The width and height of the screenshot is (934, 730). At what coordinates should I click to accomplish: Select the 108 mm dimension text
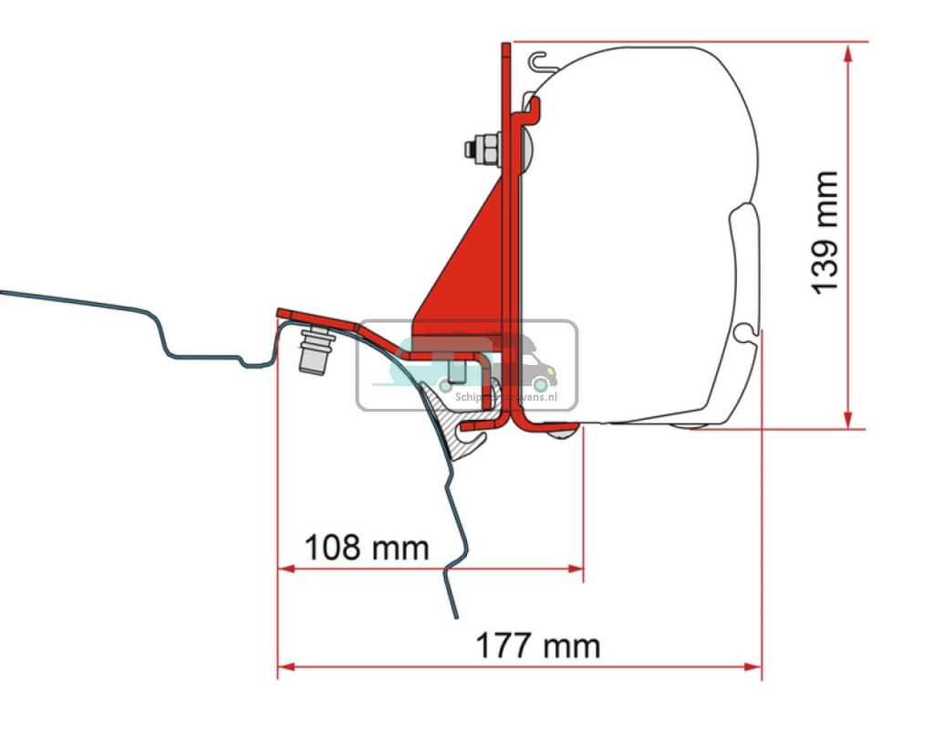click(x=366, y=547)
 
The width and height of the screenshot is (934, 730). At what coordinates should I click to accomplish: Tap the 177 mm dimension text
click(x=538, y=646)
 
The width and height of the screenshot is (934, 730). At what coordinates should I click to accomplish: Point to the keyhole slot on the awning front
click(x=748, y=331)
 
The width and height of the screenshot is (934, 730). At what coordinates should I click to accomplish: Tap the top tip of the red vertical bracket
click(x=503, y=46)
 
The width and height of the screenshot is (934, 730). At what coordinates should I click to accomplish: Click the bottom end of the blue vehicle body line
click(x=453, y=615)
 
